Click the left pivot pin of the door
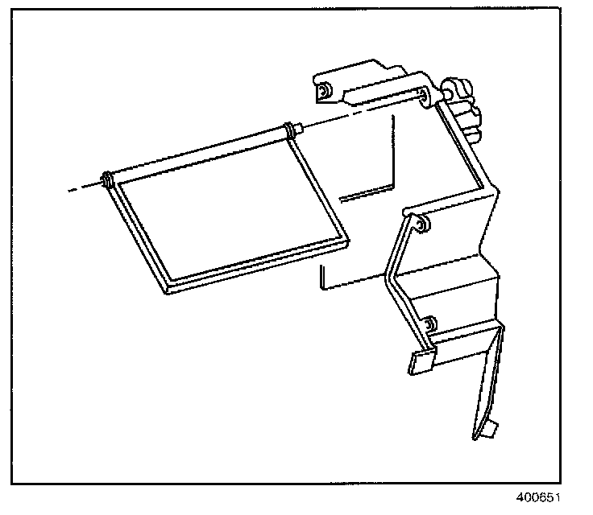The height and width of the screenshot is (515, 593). pos(107,179)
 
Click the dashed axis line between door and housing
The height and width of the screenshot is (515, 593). pos(363,112)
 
